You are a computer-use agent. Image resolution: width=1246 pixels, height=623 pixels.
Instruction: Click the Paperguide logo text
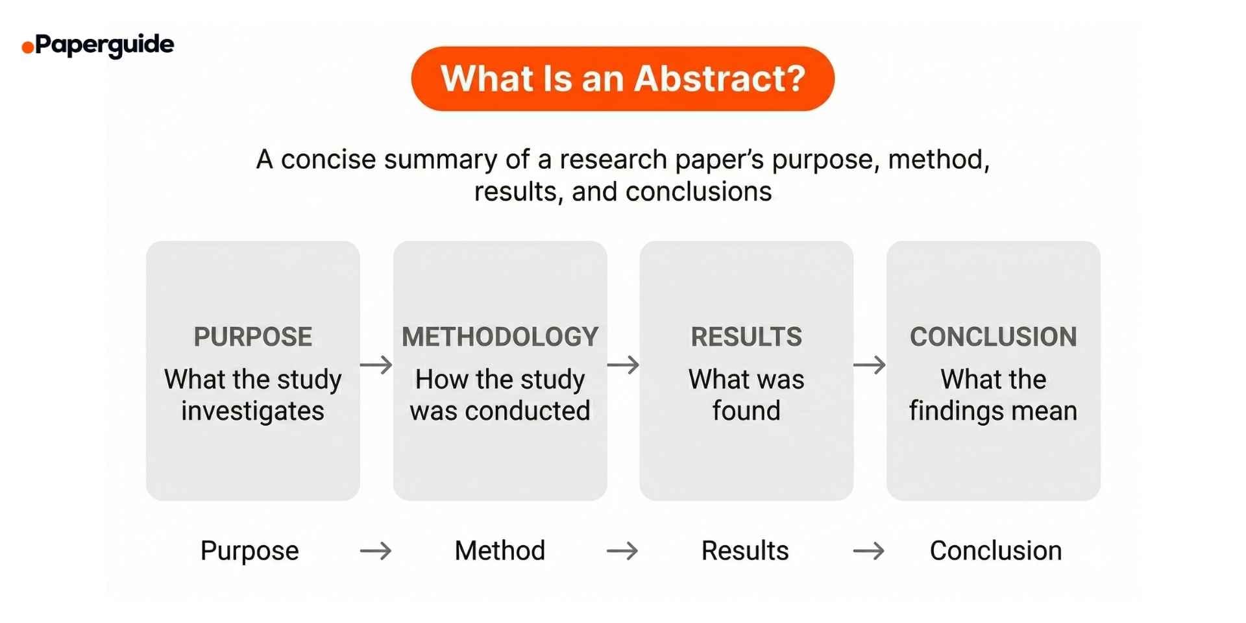(104, 45)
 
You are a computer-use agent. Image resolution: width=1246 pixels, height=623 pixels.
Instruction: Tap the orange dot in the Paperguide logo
(27, 47)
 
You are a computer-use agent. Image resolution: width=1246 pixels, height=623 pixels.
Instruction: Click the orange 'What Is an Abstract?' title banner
(622, 79)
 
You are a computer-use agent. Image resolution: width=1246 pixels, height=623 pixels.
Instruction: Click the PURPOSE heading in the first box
(252, 337)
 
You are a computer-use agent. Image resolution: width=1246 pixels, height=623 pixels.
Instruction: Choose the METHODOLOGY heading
(500, 337)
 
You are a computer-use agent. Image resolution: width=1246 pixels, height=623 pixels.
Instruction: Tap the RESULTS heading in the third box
(746, 337)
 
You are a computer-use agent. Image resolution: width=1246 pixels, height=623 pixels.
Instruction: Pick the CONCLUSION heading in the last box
(993, 337)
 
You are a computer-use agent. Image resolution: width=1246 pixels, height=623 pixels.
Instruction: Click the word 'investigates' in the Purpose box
(252, 411)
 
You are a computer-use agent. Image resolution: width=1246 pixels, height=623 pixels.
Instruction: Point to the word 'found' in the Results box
(746, 411)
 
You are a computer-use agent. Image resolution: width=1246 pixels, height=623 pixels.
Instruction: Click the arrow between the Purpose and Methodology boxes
(376, 365)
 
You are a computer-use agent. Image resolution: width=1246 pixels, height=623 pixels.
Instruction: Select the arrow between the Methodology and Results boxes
(623, 365)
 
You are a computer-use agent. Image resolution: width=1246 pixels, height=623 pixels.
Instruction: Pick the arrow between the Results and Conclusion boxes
(870, 365)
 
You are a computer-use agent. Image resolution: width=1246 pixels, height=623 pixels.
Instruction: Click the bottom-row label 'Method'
(500, 551)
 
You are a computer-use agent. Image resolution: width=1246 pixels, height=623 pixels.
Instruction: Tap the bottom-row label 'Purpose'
(250, 551)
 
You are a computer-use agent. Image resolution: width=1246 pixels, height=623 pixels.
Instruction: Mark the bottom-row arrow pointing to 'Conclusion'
(869, 551)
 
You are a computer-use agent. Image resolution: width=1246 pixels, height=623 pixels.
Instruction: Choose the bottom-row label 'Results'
(745, 551)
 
